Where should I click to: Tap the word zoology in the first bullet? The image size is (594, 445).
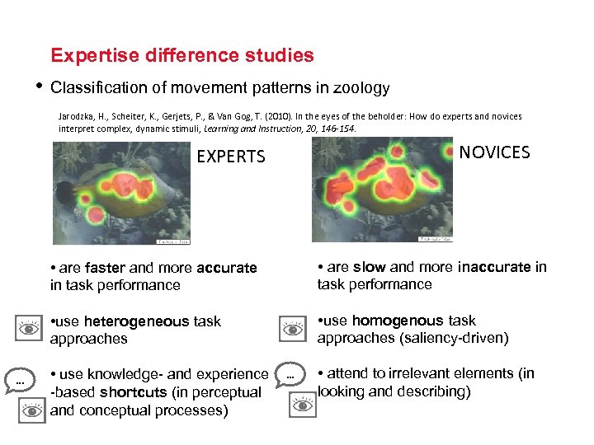click(359, 87)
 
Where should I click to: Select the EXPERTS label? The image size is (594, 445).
click(231, 157)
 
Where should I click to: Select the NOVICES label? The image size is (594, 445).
click(494, 152)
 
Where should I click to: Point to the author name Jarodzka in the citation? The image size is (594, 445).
click(78, 117)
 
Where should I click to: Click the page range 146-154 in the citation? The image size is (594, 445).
click(336, 129)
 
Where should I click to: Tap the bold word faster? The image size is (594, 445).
click(105, 268)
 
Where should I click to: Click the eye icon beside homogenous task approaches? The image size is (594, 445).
click(293, 328)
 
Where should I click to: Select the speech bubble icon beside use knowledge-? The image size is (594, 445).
click(17, 380)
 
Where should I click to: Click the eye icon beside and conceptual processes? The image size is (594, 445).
click(31, 410)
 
